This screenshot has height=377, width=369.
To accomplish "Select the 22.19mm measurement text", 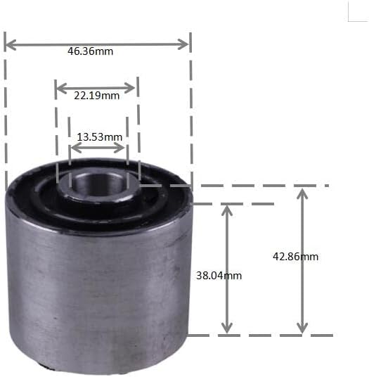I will (96, 96).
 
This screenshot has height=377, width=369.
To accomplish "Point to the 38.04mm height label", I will (219, 276).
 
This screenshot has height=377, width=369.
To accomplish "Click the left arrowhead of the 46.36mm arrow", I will (8, 44).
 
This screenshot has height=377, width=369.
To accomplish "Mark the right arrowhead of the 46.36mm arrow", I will (186, 44).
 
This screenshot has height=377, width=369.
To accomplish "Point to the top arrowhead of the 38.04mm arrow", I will (226, 208).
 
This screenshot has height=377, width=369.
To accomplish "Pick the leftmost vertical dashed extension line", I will (6, 113).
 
